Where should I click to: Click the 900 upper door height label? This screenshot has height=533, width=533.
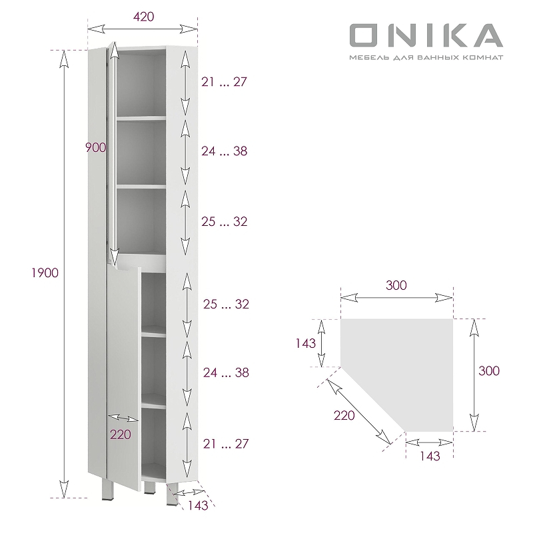point(96,148)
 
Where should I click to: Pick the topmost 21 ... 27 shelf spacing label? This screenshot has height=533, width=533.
point(225,82)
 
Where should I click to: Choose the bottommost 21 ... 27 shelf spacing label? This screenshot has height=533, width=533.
point(225,443)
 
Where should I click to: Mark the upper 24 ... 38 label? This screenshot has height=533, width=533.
point(225,151)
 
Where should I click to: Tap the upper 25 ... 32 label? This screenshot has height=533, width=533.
point(225,221)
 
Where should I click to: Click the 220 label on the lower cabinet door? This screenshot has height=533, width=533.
point(121,434)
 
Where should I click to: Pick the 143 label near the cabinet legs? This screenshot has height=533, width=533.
point(197,506)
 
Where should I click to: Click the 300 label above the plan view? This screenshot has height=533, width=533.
point(396,285)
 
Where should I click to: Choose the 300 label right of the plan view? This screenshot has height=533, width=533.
point(488,370)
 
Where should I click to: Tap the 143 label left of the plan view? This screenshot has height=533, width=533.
point(306,344)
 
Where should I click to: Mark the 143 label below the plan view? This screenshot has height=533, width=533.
point(430,456)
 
